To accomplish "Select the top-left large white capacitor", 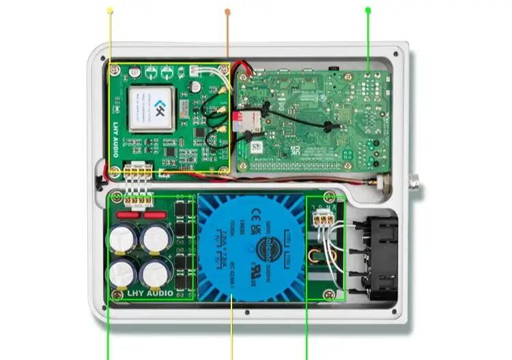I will tap(123, 240).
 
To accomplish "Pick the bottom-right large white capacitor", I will tap(154, 272).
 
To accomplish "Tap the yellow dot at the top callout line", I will tap(111, 10).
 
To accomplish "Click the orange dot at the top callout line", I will tap(227, 11).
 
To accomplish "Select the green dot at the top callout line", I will tap(368, 10).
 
